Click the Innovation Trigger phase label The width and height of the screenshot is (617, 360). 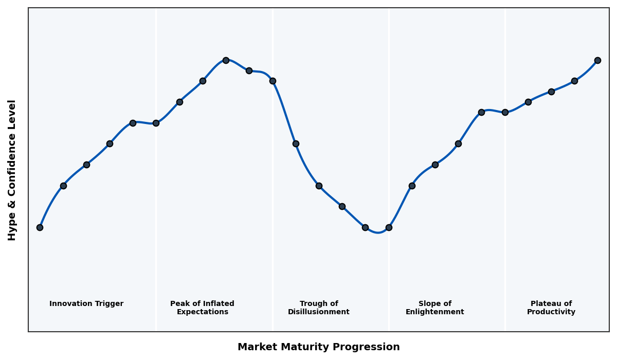[x=86, y=304]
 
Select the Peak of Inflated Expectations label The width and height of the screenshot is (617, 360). [x=202, y=308]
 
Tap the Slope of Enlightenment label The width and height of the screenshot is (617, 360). [x=434, y=308]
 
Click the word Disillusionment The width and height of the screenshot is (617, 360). [x=318, y=312]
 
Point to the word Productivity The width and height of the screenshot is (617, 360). [x=551, y=312]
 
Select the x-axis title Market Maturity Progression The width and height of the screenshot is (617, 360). [x=318, y=347]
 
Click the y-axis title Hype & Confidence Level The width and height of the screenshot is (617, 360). [x=12, y=170]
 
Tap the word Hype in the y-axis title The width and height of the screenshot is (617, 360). [x=12, y=229]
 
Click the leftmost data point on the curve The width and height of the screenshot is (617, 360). [x=40, y=227]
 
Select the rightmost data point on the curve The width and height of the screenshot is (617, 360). [x=597, y=60]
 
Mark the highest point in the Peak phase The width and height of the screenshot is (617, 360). [x=226, y=60]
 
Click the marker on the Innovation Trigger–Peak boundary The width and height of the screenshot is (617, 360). [x=156, y=123]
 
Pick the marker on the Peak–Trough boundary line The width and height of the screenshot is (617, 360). [x=273, y=81]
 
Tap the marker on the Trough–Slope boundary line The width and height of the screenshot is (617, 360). [x=389, y=227]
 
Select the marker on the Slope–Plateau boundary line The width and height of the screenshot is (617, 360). [x=505, y=112]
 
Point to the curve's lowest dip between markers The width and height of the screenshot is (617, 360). [x=378, y=232]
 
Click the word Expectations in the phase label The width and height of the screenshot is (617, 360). [x=202, y=312]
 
